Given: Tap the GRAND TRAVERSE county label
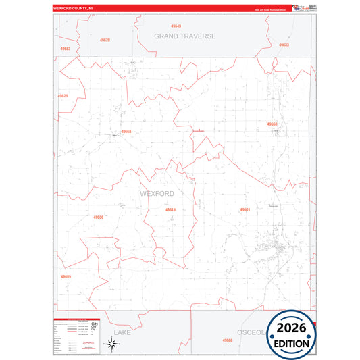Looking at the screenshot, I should [x=184, y=36].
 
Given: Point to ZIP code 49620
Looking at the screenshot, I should [x=104, y=40].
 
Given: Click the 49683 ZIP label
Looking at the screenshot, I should [x=65, y=49].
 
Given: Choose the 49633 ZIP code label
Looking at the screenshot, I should [x=283, y=45].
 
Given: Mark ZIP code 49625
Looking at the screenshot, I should [x=63, y=96].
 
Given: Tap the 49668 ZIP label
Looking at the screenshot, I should [x=126, y=132].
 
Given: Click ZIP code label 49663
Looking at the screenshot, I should [x=272, y=124].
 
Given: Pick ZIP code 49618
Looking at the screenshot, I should [x=170, y=210].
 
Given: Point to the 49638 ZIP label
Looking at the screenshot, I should [x=99, y=217].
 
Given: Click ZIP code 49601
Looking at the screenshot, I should [x=245, y=210].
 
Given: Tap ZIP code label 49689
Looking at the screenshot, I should [x=66, y=276].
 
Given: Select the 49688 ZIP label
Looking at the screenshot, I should [x=228, y=340].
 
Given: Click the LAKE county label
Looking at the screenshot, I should [x=122, y=333].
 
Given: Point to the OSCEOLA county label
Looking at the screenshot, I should [x=251, y=332].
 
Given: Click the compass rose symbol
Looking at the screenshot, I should [x=111, y=344].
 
